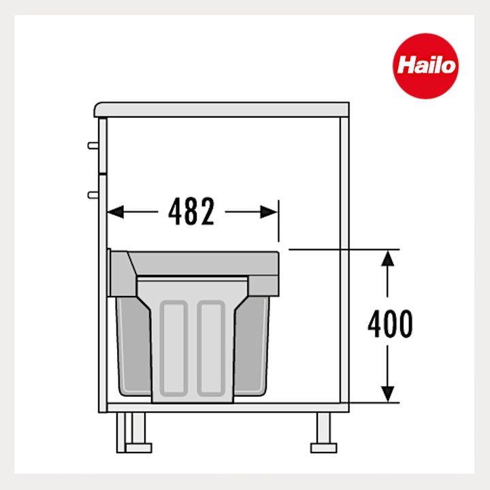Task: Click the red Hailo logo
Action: pos(425,66)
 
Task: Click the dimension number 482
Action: pos(191,213)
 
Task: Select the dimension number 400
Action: pos(390,325)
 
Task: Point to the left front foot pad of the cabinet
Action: pos(139,448)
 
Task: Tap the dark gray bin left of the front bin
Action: pos(133,347)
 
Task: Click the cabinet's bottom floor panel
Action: pos(225,407)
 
